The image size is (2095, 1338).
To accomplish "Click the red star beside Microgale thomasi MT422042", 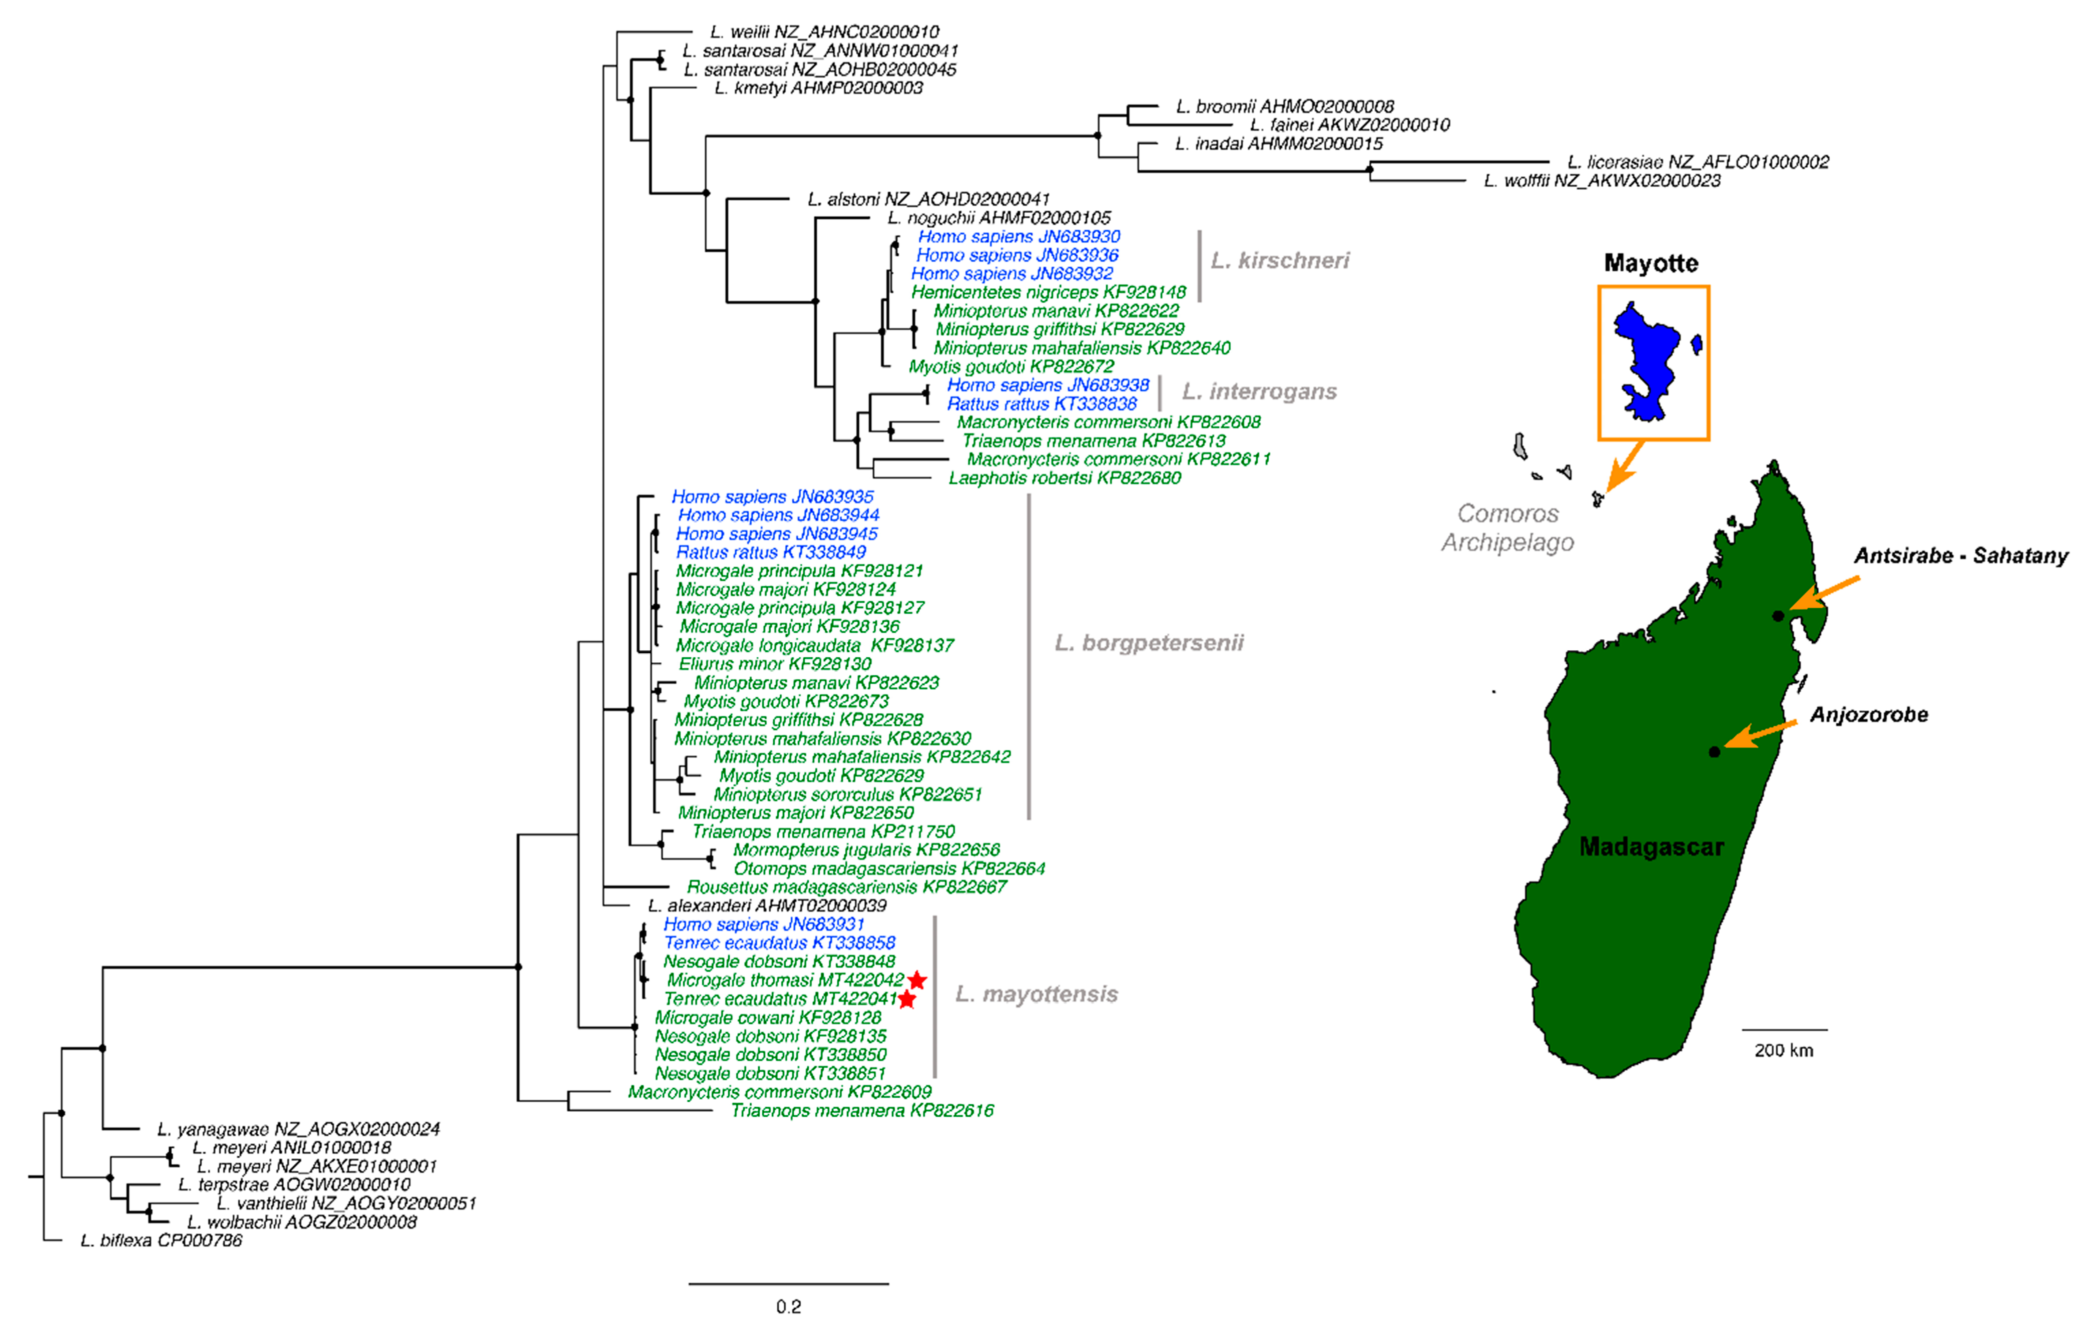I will tap(917, 981).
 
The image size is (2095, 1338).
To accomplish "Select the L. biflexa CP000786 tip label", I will tap(161, 1240).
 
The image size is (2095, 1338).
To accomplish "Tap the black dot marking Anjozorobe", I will tap(1714, 752).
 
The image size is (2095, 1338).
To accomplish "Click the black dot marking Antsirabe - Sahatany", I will tap(1778, 616).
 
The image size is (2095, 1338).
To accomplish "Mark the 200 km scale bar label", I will tap(1784, 1050).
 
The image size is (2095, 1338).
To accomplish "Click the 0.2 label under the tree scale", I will tap(788, 1306).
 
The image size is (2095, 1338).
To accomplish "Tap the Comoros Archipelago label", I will tap(1508, 527).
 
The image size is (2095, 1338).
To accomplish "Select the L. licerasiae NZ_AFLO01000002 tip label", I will tap(1698, 162).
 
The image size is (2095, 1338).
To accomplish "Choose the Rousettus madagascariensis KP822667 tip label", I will tap(846, 887).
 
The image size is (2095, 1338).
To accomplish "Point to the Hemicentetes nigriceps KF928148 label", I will tap(1049, 292).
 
